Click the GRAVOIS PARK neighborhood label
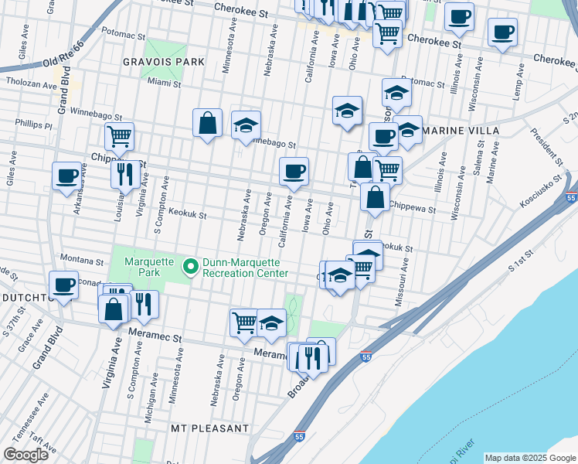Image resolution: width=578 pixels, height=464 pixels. [162, 61]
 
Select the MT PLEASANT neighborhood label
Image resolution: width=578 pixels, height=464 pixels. [210, 428]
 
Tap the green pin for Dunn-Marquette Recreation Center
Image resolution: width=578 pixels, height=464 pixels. [190, 267]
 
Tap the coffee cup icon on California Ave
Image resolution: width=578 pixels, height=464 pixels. [293, 172]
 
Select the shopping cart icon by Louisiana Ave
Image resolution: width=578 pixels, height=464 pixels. [119, 136]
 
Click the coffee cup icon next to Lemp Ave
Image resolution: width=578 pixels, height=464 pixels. [502, 32]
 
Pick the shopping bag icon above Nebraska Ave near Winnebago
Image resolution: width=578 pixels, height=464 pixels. [208, 122]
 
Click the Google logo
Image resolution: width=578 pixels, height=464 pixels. [25, 455]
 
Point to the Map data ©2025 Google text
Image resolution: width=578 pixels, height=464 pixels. [531, 458]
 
